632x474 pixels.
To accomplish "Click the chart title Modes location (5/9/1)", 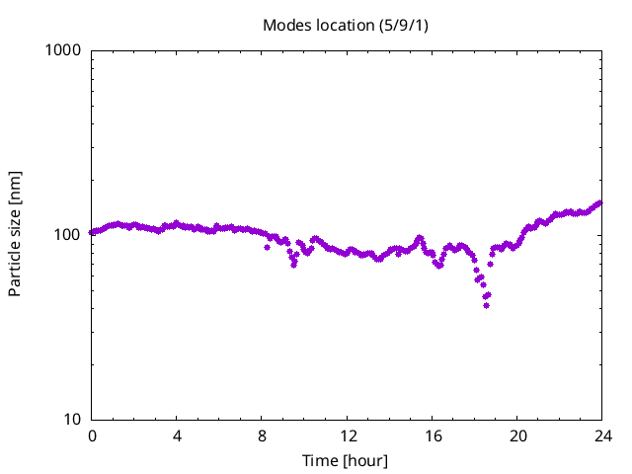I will [x=345, y=24].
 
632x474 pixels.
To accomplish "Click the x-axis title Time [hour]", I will [x=345, y=460].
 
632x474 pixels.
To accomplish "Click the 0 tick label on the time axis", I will [x=92, y=435].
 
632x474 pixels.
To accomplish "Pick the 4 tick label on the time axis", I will [x=177, y=435].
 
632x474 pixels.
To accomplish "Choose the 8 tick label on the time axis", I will [x=262, y=435].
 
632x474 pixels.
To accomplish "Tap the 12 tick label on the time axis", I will [x=347, y=435].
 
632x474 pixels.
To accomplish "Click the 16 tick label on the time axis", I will [x=432, y=435].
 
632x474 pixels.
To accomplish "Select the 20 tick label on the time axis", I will [x=516, y=435].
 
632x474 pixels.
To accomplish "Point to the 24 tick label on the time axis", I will [x=601, y=435].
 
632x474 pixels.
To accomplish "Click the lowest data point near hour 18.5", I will [x=486, y=305].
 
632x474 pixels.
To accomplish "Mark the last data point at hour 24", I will [x=599, y=202].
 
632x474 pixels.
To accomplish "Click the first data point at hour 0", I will [x=92, y=233].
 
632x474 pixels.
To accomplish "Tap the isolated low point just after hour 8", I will [x=267, y=247].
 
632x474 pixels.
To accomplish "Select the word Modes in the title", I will [x=285, y=24].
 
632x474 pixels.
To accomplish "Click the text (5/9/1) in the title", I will [x=403, y=24].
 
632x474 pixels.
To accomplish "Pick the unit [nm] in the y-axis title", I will [x=15, y=185].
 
